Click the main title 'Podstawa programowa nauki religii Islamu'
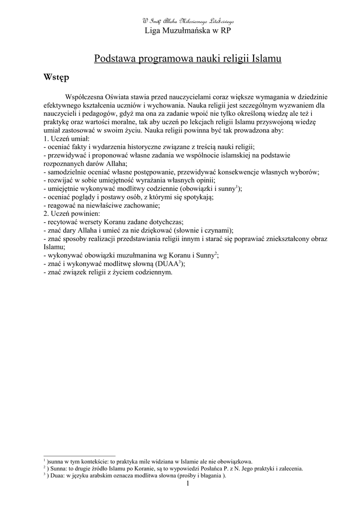pos(187,59)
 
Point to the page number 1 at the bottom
pos(188,483)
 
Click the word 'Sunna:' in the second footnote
pos(59,468)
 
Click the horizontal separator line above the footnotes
pos(79,455)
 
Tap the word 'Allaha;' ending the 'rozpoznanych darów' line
pos(115,164)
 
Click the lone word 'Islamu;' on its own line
pos(55,247)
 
